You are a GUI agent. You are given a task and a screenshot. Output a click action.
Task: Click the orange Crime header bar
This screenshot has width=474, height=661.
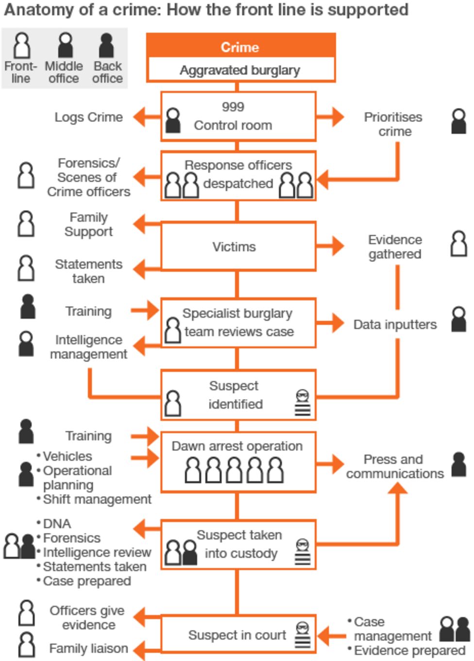click(x=240, y=47)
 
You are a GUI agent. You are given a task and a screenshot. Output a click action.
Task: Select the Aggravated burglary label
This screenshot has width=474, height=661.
click(x=240, y=70)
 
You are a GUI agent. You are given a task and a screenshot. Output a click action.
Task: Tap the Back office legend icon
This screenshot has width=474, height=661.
click(x=106, y=45)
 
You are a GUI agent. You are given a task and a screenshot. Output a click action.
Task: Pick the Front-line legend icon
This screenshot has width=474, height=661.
click(x=21, y=45)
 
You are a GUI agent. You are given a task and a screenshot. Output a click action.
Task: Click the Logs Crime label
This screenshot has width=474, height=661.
click(x=88, y=117)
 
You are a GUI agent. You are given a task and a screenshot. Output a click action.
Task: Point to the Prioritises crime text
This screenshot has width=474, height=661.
click(x=393, y=124)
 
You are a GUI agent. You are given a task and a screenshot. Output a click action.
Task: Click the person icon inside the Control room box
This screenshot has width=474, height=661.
click(x=173, y=121)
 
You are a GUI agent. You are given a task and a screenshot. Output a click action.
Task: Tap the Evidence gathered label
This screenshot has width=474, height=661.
click(x=395, y=246)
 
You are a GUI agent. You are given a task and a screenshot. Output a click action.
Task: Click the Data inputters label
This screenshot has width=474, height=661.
click(x=395, y=324)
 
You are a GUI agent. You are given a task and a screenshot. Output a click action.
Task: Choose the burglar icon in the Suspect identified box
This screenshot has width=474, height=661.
click(x=303, y=403)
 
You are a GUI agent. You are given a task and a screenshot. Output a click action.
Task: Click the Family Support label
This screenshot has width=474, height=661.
click(x=88, y=224)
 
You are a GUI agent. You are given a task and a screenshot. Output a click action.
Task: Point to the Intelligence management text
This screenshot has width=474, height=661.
click(x=88, y=347)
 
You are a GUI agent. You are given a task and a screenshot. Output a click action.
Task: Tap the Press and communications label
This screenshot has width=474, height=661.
click(x=394, y=466)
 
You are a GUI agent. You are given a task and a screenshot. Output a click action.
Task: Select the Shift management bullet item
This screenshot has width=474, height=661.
click(x=97, y=499)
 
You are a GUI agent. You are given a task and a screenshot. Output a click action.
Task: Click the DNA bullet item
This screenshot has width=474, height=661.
click(x=57, y=523)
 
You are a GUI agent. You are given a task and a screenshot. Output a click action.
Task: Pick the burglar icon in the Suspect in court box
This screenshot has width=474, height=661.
click(x=303, y=635)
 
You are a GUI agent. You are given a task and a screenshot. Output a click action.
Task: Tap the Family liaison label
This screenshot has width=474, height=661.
click(x=88, y=648)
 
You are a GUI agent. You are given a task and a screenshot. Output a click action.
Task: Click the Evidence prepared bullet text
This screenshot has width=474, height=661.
click(x=409, y=650)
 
